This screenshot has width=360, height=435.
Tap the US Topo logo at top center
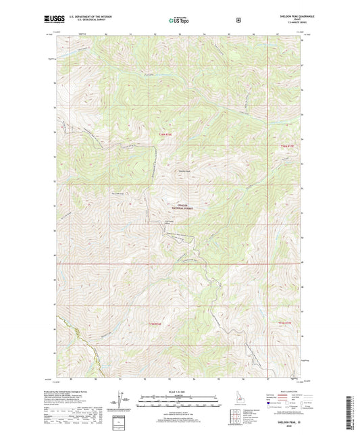[180, 20]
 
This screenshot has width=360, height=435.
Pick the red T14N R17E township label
[288, 145]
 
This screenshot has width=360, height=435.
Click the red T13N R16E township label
[156, 324]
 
